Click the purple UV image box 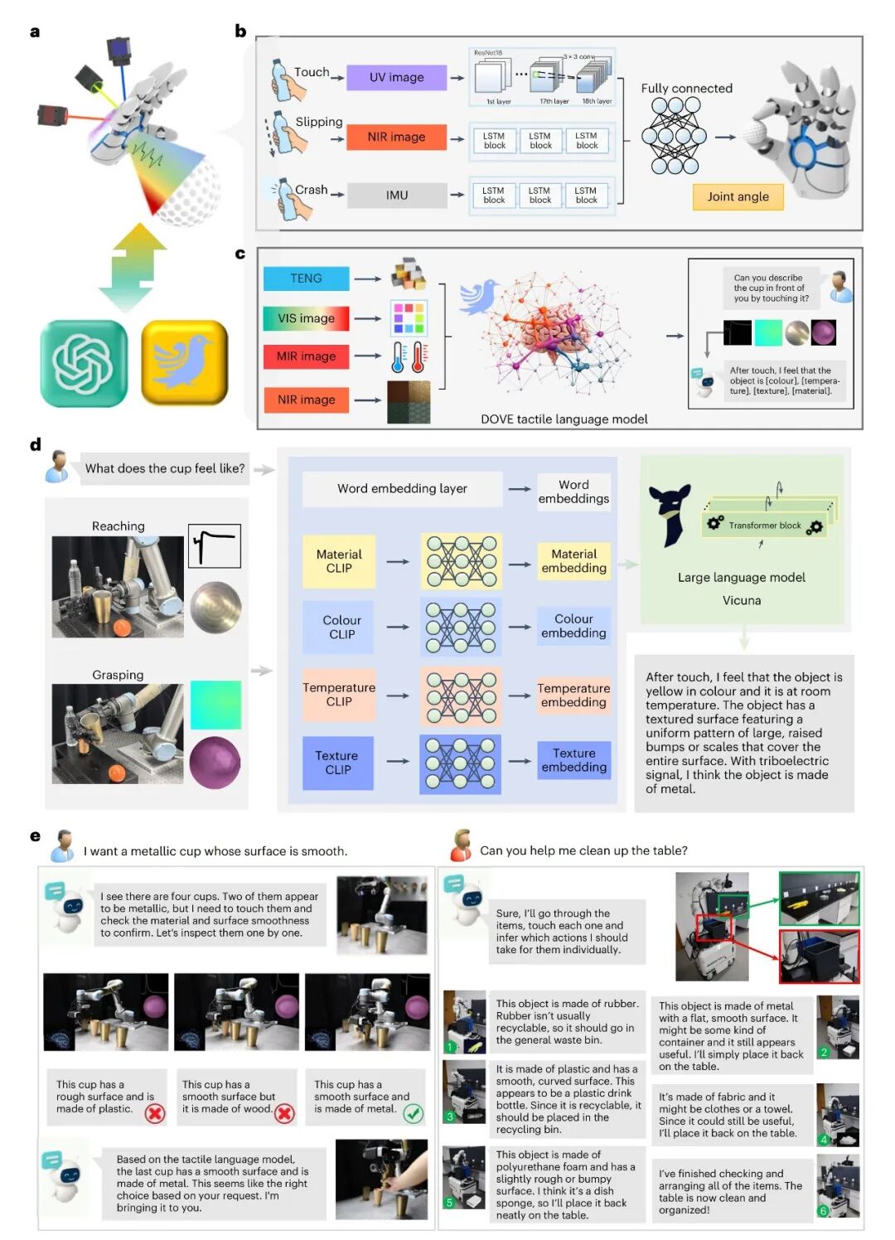pos(396,77)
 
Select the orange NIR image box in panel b pos(396,137)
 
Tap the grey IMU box pos(396,196)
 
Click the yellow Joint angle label pos(738,196)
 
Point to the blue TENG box pos(306,279)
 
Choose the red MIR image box pos(306,356)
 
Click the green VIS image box pos(306,318)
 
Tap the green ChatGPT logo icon pos(84,363)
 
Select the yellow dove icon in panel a pos(184,363)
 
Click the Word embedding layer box pos(402,489)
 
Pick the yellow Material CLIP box pos(339,561)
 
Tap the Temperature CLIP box pos(339,695)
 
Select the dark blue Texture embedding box pos(573,760)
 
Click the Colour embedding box pos(573,626)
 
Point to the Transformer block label pos(764,526)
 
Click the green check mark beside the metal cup pos(413,1114)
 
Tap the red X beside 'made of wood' pos(284,1114)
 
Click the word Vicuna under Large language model pos(741,600)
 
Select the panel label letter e pos(35,836)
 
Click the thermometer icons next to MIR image pos(409,356)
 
